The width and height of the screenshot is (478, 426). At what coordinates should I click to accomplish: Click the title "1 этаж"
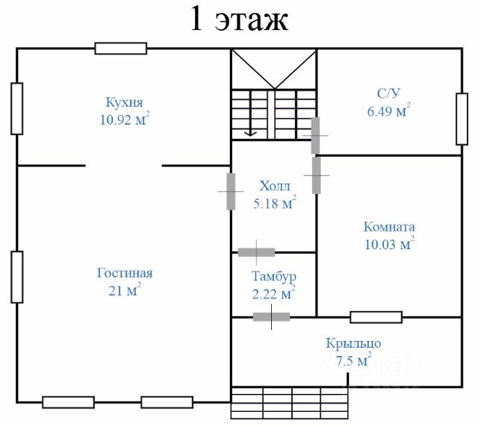(x=239, y=20)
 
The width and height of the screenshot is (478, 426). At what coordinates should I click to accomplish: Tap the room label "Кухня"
(x=124, y=102)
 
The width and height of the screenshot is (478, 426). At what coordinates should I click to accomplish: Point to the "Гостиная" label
(x=125, y=273)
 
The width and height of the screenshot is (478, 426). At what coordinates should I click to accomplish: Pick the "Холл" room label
(x=275, y=186)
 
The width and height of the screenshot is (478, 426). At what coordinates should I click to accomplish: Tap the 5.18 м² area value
(x=275, y=203)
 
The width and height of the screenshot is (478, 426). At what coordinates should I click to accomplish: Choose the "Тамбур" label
(x=273, y=277)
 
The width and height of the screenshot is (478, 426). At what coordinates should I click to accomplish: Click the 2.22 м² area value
(x=273, y=294)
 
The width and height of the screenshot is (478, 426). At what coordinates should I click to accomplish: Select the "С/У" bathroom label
(x=389, y=94)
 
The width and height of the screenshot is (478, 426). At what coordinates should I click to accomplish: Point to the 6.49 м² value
(x=388, y=111)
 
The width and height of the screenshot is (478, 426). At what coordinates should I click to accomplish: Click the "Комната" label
(x=389, y=227)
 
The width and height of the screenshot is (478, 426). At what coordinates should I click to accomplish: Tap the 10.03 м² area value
(x=388, y=244)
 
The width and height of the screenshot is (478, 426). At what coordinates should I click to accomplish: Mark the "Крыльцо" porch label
(x=354, y=344)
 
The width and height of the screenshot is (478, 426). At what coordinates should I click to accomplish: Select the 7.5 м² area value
(x=354, y=361)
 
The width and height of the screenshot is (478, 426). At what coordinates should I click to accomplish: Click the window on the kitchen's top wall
(x=120, y=48)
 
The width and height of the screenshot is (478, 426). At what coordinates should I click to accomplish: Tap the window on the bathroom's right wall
(x=462, y=119)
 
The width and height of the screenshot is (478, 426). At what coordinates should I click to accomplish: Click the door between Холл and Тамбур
(x=256, y=252)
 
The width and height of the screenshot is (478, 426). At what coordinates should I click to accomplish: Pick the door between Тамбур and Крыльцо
(x=271, y=317)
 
